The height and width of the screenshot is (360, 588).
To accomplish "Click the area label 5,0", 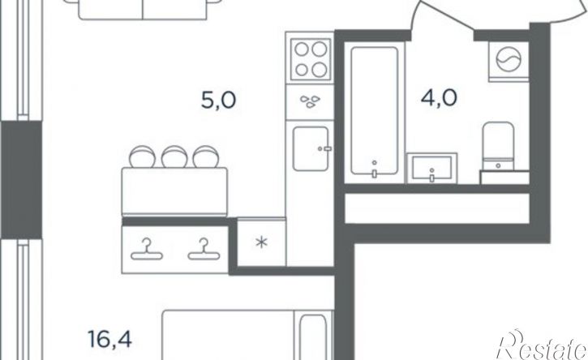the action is click(219, 101).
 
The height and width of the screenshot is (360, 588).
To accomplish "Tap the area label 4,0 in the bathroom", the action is click(439, 98).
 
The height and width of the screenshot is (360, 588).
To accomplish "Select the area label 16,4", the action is click(109, 339).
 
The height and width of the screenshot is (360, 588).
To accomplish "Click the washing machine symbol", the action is click(509, 62).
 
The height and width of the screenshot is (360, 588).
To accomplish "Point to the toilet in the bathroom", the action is click(498, 146).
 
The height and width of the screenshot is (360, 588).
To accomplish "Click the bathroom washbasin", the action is click(432, 168).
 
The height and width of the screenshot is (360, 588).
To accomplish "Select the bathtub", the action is click(374, 111).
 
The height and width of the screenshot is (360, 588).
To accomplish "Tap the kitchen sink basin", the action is click(311, 148).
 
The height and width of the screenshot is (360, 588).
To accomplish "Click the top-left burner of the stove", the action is click(302, 49).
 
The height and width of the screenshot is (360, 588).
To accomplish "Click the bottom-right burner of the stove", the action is click(320, 70).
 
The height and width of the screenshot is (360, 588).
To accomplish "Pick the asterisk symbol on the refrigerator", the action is click(261, 242).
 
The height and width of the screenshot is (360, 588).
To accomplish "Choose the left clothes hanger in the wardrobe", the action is click(147, 250).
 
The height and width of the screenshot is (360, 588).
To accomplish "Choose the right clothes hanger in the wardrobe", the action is click(204, 250).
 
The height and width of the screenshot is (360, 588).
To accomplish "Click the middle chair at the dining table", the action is click(174, 156).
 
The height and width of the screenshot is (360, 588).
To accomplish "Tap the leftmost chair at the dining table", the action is click(142, 156).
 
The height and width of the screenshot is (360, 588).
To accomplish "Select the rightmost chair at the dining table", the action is click(205, 156).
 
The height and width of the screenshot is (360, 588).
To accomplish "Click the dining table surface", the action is click(174, 191).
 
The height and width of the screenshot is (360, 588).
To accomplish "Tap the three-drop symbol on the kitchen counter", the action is click(310, 101).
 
